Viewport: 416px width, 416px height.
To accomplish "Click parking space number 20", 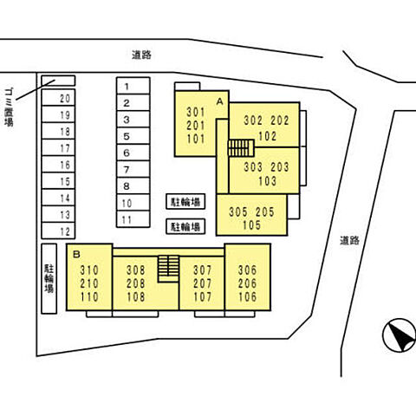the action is (58, 98).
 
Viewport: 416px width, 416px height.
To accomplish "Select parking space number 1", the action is (133, 86).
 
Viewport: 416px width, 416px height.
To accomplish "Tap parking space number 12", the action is (58, 231).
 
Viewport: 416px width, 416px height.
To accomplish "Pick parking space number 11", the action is (133, 219).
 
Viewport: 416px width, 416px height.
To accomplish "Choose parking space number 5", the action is (133, 136).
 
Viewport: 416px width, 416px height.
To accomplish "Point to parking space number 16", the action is (58, 165).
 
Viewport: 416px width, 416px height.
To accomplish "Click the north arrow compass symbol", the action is (400, 335).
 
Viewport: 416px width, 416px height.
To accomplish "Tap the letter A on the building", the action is (220, 101).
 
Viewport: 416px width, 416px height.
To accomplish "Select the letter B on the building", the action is (76, 255).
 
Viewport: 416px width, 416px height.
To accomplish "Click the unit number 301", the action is (196, 112).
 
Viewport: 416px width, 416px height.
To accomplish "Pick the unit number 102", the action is (267, 136).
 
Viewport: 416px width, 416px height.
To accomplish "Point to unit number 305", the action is (238, 212).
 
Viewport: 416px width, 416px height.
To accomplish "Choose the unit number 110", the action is (89, 297).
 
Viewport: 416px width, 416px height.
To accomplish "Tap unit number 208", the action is (136, 283).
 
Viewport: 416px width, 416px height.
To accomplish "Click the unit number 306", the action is (248, 270).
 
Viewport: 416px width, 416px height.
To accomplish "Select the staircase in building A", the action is (241, 148).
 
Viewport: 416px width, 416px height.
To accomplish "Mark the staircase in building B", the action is (168, 269).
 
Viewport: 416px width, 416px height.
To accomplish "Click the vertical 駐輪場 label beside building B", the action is (49, 278).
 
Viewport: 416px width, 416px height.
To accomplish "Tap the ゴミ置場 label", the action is (9, 107).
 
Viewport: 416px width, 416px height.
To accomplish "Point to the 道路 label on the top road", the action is (141, 55).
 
